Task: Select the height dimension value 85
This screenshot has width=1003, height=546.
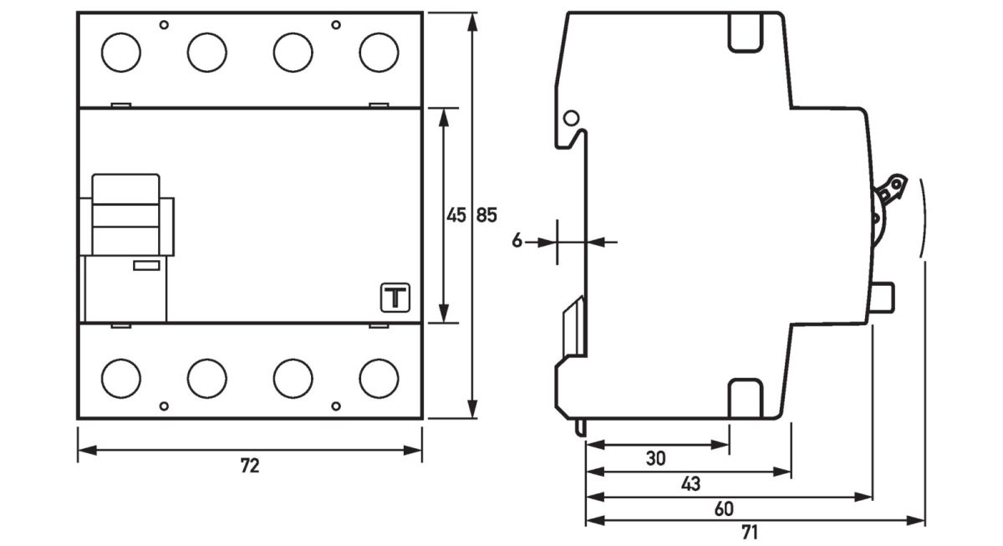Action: coord(486,216)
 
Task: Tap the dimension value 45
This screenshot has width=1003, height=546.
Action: coord(456,216)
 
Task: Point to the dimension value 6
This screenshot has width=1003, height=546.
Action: coord(517,242)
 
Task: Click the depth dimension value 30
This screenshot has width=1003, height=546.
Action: coord(657,458)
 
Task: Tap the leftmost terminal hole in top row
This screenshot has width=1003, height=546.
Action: coord(121,53)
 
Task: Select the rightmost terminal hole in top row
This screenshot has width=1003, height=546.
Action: coord(379,53)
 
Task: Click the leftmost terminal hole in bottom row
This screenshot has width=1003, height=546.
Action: coord(121,378)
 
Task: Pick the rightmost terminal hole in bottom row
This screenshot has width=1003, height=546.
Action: coord(379,378)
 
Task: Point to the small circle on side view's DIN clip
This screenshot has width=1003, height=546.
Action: coord(572,118)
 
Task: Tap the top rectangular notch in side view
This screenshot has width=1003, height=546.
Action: coord(746,32)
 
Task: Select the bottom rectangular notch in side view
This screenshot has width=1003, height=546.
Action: coord(746,397)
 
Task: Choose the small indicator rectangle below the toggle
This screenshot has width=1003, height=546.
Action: coord(147,266)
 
